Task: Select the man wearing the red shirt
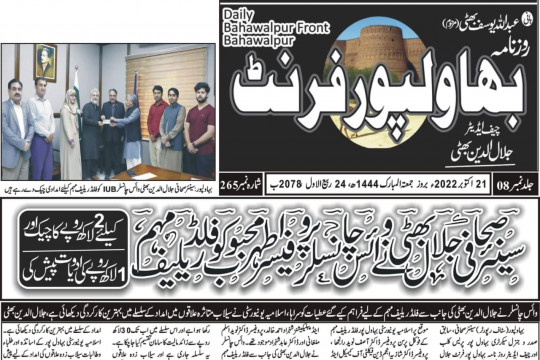tap(156, 125)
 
